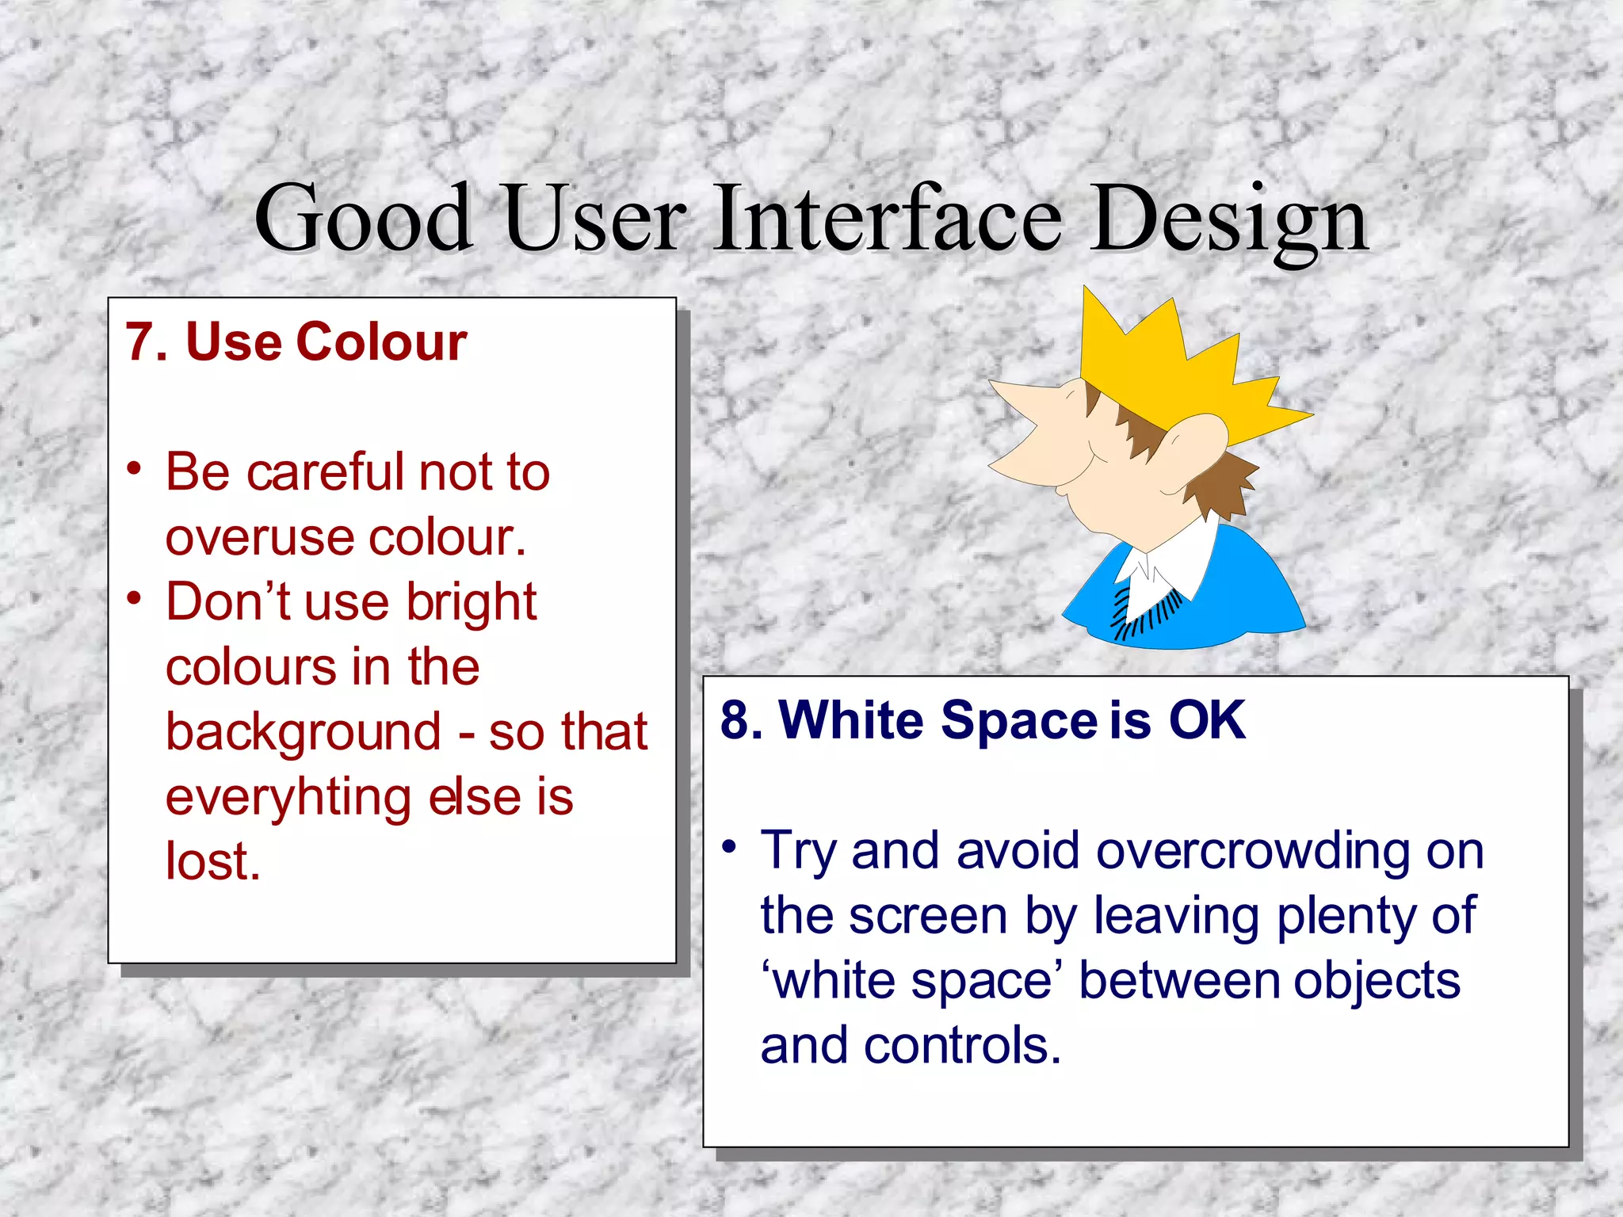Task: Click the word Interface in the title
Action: click(888, 218)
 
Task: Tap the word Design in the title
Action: click(1228, 220)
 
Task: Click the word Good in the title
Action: click(364, 218)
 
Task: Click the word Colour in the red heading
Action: click(381, 342)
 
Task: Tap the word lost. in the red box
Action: click(212, 861)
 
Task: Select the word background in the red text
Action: click(303, 732)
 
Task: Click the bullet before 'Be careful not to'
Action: click(134, 468)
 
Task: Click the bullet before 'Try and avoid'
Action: click(729, 847)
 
